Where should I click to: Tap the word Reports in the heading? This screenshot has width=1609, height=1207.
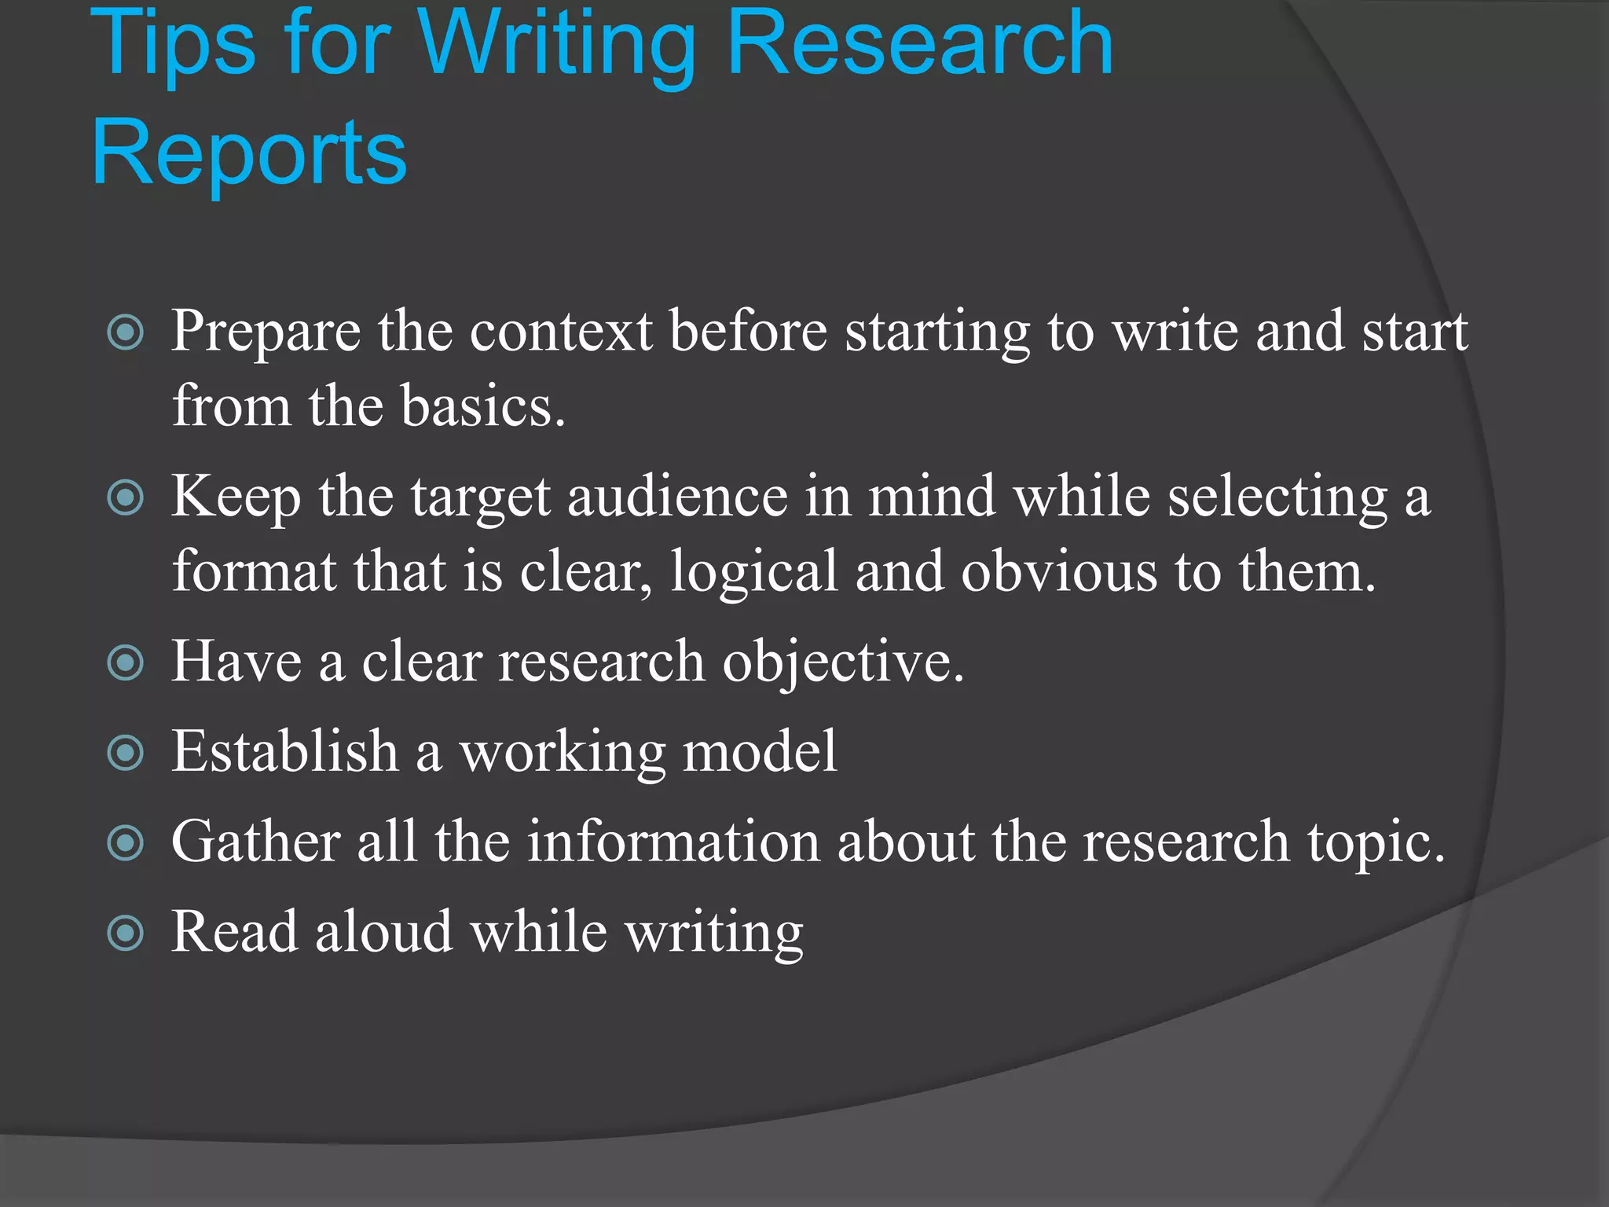coord(249,153)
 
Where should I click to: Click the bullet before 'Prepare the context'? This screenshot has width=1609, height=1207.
coord(126,332)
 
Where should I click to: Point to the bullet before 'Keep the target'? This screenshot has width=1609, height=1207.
coord(126,497)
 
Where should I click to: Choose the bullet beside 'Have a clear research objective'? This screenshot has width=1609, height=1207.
coord(126,662)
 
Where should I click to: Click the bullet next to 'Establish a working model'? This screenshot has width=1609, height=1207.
coord(126,753)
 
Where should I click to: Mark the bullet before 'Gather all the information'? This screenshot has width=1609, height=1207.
coord(126,843)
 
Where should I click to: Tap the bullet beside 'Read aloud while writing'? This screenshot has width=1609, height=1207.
coord(126,934)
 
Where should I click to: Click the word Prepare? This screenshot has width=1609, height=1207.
coord(266,332)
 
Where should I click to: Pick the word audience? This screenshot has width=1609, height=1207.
coord(677,497)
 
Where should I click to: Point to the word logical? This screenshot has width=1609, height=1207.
coord(753,572)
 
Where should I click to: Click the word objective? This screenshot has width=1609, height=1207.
coord(842,662)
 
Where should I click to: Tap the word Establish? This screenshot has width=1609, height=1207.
coord(284,753)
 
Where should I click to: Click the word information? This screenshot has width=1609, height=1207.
coord(673,843)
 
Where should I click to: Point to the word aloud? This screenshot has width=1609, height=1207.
coord(383,934)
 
